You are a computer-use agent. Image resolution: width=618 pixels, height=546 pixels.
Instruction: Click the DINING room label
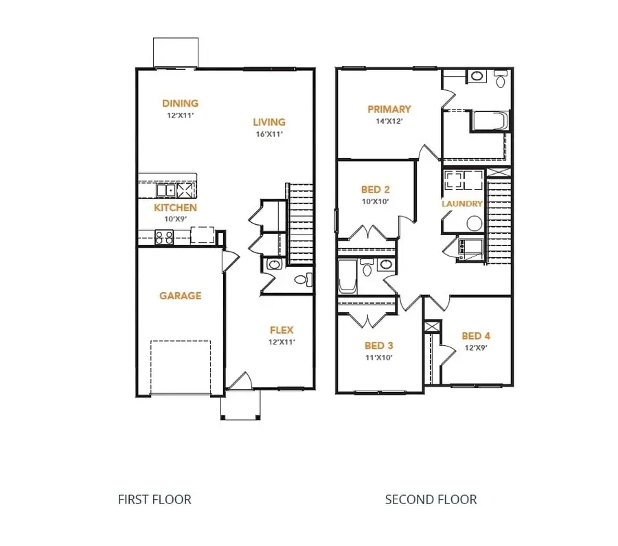click(x=180, y=104)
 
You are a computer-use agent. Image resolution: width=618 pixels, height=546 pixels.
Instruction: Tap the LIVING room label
click(x=267, y=122)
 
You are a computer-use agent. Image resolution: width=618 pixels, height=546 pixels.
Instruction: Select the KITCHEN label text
click(x=175, y=208)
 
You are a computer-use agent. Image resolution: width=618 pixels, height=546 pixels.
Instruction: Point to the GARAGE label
click(x=181, y=296)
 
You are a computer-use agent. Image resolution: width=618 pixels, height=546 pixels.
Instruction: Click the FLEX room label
click(x=282, y=330)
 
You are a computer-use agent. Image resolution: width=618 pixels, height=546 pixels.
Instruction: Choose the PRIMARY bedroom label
click(x=389, y=109)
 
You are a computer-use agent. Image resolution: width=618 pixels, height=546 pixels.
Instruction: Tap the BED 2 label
click(x=376, y=189)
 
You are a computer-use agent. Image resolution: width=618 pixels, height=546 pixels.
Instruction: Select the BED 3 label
click(x=378, y=345)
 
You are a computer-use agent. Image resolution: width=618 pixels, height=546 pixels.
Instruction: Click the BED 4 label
click(x=476, y=336)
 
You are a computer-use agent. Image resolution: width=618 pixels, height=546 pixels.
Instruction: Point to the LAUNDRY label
click(x=462, y=204)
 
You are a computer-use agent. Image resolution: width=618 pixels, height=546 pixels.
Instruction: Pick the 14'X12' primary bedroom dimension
click(x=389, y=121)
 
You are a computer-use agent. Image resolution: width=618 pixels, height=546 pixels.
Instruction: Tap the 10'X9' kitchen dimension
click(x=175, y=219)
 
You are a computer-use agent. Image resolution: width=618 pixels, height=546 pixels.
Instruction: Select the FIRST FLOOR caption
click(x=154, y=499)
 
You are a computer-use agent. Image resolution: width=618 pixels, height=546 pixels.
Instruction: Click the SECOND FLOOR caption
click(x=431, y=499)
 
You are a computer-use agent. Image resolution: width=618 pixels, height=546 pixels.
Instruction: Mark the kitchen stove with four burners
click(x=164, y=237)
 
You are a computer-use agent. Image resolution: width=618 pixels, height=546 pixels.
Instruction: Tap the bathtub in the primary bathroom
click(x=490, y=122)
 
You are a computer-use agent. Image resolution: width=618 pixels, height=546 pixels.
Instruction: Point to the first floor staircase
click(x=299, y=223)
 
